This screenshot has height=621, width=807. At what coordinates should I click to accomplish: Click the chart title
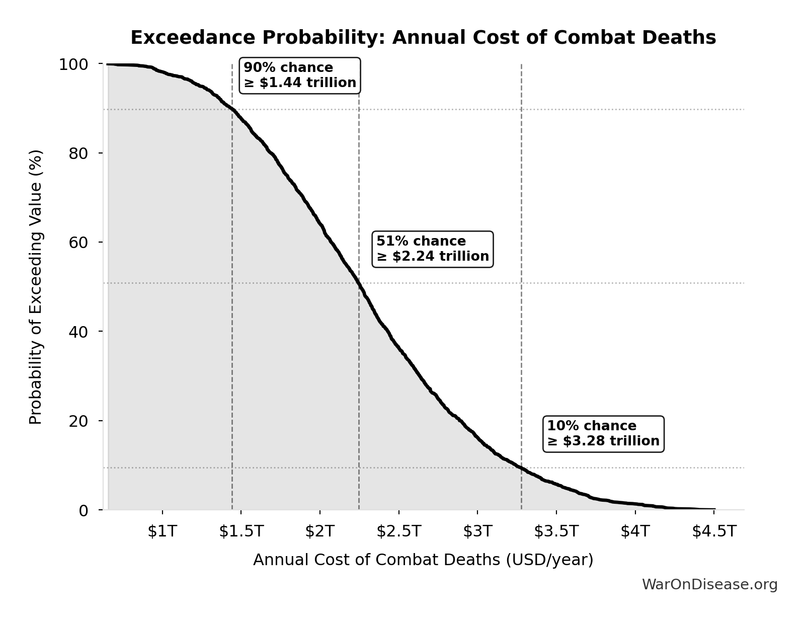[x=423, y=38]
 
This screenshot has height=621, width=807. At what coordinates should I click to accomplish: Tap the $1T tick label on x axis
[x=162, y=531]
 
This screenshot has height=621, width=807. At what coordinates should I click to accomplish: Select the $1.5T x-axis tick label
[x=241, y=531]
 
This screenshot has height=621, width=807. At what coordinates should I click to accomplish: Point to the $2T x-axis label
[x=319, y=531]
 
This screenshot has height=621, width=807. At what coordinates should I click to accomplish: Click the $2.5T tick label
[x=398, y=531]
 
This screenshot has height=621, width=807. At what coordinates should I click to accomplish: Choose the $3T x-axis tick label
[x=477, y=531]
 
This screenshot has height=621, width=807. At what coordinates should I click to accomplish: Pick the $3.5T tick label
[x=556, y=531]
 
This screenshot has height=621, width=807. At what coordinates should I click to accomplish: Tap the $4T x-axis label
[x=635, y=531]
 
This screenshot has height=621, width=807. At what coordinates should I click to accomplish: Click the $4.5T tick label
[x=714, y=531]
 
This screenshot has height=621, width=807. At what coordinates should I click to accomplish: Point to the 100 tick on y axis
[x=73, y=64]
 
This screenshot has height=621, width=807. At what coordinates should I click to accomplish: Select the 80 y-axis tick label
[x=78, y=153]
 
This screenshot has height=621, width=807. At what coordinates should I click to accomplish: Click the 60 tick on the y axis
[x=78, y=242]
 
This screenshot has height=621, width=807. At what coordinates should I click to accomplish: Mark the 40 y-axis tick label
[x=78, y=332]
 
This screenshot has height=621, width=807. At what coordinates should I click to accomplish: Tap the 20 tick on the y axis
[x=78, y=421]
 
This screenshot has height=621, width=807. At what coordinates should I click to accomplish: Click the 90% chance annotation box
[x=300, y=75]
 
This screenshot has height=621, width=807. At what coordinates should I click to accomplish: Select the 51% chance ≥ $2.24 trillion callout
[x=433, y=249]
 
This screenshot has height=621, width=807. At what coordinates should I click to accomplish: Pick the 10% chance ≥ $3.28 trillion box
[x=603, y=434]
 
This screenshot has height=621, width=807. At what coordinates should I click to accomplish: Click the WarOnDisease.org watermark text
[x=709, y=584]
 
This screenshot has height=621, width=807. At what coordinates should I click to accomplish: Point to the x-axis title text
[x=423, y=560]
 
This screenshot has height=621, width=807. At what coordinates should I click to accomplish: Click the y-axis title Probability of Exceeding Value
[x=35, y=287]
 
